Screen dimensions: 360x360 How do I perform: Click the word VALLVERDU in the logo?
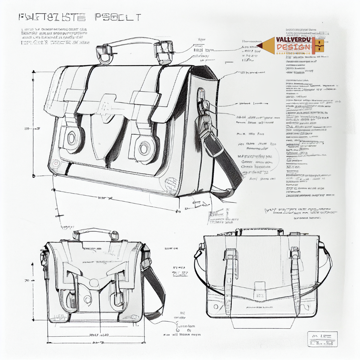click(x=293, y=40)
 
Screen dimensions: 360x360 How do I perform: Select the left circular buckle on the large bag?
click(x=72, y=138)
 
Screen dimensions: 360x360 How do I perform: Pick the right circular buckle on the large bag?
click(x=144, y=147)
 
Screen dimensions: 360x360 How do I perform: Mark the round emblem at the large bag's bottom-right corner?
click(x=171, y=183)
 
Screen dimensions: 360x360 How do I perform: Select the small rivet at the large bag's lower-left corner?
click(x=56, y=163)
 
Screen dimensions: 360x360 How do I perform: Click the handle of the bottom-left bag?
click(x=93, y=231)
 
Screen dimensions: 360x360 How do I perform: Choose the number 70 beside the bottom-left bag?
click(x=27, y=280)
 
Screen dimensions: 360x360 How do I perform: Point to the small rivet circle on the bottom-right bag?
click(x=216, y=306)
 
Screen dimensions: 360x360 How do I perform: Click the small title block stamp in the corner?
click(x=322, y=339)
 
